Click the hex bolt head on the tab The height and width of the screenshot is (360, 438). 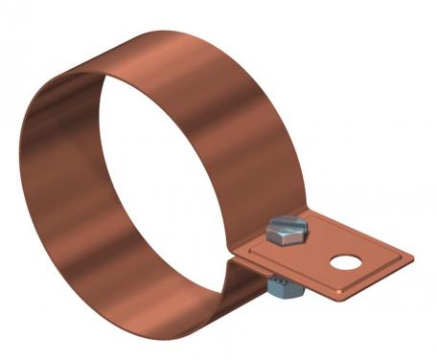[287, 229]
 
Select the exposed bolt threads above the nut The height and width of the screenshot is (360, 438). [281, 272]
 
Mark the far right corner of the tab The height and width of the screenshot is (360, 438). [412, 257]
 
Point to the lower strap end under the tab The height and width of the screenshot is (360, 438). [251, 278]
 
